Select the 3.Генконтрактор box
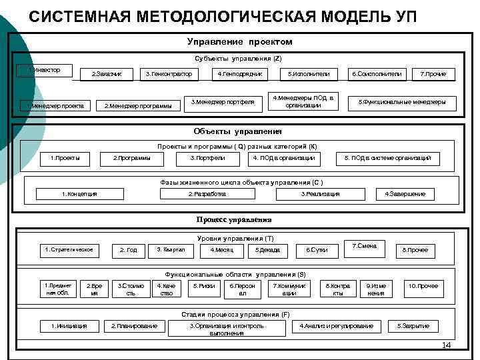pyautogui.click(x=169, y=73)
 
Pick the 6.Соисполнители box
pyautogui.click(x=376, y=73)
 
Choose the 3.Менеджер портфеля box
pyautogui.click(x=222, y=102)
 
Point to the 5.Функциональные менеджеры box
pyautogui.click(x=402, y=102)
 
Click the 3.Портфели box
pyautogui.click(x=207, y=158)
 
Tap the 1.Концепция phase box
pyautogui.click(x=79, y=194)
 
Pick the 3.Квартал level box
pyautogui.click(x=171, y=250)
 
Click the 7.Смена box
pyautogui.click(x=367, y=247)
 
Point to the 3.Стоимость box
pyautogui.click(x=131, y=289)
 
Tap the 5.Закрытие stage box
pyautogui.click(x=413, y=326)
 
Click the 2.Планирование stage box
pyautogui.click(x=134, y=326)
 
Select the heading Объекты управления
pyautogui.click(x=238, y=131)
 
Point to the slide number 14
pyautogui.click(x=447, y=345)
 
